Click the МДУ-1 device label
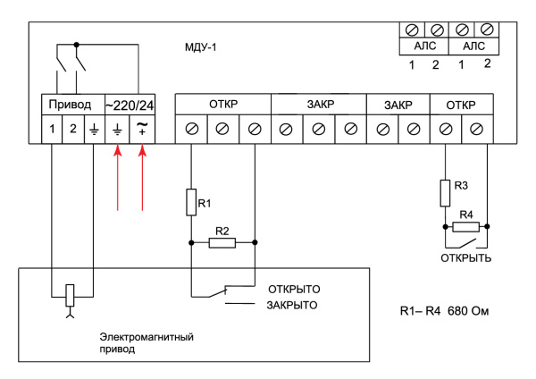pos(197,45)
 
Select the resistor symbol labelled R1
pos(191,202)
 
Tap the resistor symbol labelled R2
pos(222,242)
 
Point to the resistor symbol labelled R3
pos(444,192)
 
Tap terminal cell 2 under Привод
pos(73,129)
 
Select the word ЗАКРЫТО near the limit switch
pos(291,306)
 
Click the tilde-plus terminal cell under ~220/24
pos(143,129)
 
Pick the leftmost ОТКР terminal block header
pos(222,104)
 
